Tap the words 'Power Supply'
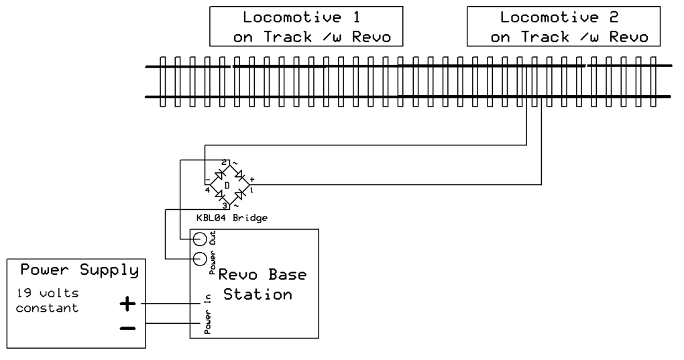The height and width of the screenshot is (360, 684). coord(79,272)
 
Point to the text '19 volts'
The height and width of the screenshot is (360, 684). coord(42,293)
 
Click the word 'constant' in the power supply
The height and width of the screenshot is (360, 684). coord(50,309)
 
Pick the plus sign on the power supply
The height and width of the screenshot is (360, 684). coord(127,304)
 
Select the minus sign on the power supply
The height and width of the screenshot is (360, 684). coord(127,328)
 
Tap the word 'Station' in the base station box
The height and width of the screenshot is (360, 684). coord(258,294)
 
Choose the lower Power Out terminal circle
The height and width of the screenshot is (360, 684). coord(199,259)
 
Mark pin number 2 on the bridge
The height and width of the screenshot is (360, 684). coord(223,163)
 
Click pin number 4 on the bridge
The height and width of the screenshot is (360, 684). coord(207,190)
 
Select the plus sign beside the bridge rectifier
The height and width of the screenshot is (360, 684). coord(251,180)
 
